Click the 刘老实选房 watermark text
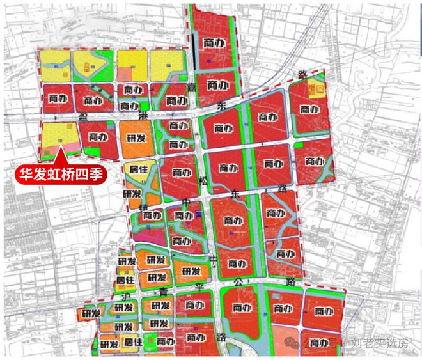[x=379, y=343]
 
